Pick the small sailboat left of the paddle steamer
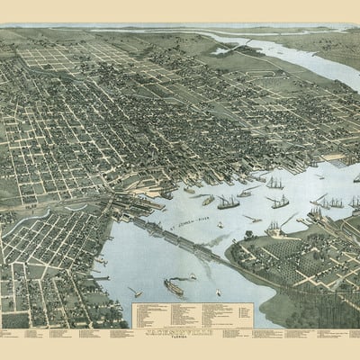point(134,292)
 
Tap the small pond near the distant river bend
point(221,50)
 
